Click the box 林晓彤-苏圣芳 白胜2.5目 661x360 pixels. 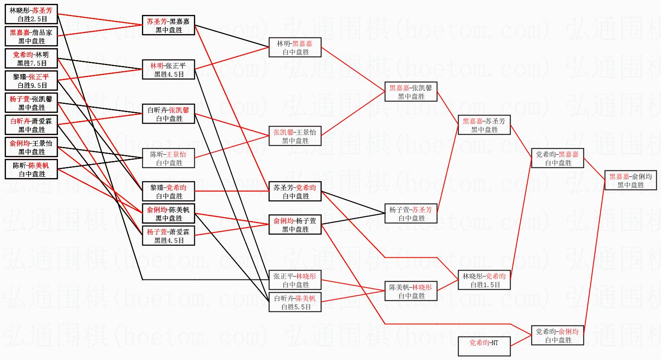[31, 14]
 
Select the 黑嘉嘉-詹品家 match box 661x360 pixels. [31, 36]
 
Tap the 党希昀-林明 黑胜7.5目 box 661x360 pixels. [31, 58]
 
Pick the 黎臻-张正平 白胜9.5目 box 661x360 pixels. [31, 81]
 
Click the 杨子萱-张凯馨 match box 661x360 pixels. [31, 103]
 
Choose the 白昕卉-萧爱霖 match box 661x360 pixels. [31, 125]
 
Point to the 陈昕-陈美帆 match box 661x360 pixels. [31, 169]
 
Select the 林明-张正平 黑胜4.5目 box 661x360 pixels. [168, 69]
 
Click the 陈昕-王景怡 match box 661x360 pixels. [168, 158]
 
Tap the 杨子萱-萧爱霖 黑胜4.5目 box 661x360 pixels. [168, 236]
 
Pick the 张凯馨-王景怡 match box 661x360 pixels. [295, 136]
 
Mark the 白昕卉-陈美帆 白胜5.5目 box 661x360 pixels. [295, 302]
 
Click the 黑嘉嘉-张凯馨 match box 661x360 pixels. [411, 92]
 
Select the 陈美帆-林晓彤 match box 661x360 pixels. [411, 291]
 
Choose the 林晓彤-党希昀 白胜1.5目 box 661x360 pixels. [484, 280]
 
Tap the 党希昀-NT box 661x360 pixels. [484, 346]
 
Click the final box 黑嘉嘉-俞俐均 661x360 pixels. [631, 180]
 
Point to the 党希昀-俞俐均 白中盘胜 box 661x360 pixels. [558, 335]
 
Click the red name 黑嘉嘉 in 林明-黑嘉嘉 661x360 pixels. [302, 44]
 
